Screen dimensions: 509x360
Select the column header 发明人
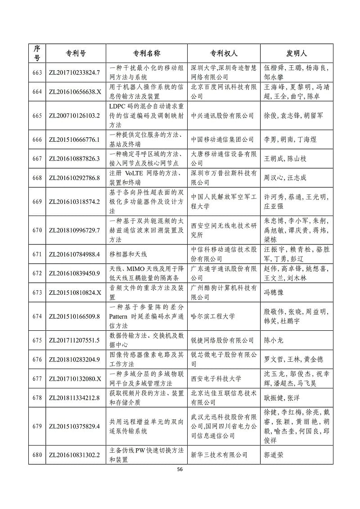pyautogui.click(x=297, y=53)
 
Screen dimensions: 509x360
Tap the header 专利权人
pyautogui.click(x=224, y=53)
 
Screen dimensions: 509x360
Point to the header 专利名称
pyautogui.click(x=147, y=53)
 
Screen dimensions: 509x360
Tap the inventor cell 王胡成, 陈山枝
pyautogui.click(x=285, y=158)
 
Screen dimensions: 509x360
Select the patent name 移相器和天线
pyautogui.click(x=129, y=254)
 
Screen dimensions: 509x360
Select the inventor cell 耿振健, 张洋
pyautogui.click(x=281, y=398)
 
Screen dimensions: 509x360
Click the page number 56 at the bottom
pyautogui.click(x=180, y=469)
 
